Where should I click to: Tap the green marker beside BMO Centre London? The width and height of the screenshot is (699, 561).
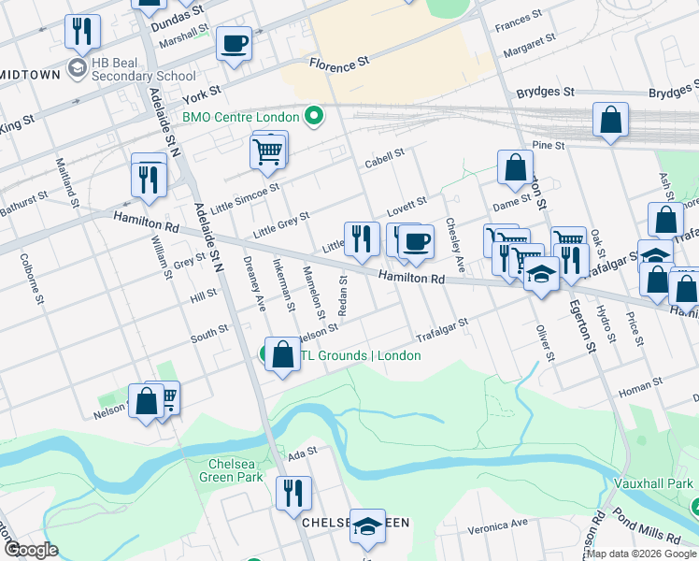[314, 117]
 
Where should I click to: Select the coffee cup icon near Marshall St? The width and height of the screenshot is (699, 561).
[234, 42]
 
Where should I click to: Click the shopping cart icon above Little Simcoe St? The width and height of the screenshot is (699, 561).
[267, 151]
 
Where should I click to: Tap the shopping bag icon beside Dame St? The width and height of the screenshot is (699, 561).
[515, 167]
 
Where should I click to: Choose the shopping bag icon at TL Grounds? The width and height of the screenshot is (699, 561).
[282, 354]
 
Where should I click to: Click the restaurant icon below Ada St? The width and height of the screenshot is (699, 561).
[293, 492]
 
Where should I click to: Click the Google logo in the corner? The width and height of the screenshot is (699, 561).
[32, 551]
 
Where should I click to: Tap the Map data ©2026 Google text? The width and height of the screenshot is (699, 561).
[641, 554]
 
